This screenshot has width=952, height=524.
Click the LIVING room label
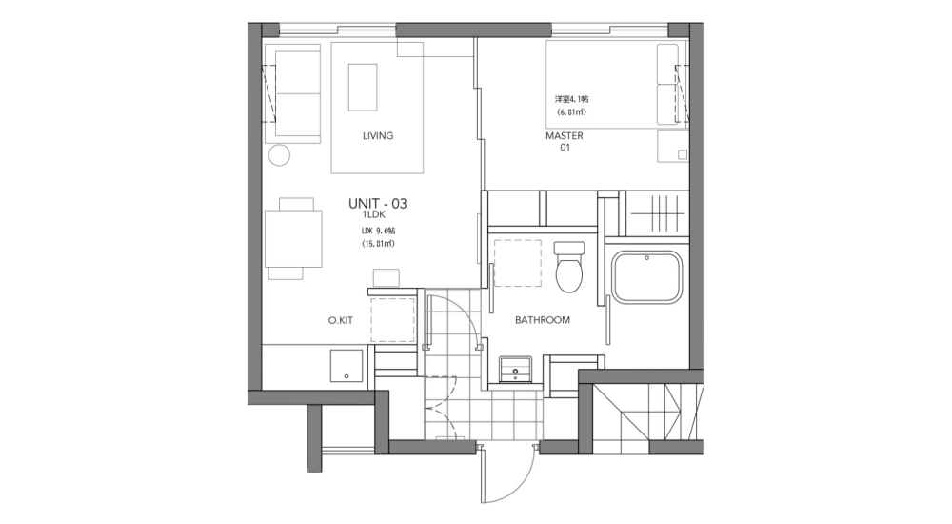pos(378,136)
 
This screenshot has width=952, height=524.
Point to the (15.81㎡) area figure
pos(378,244)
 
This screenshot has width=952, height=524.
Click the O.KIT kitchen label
pos(340,321)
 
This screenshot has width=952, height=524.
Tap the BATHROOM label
pos(543,320)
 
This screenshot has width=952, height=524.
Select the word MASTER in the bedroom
pos(564,136)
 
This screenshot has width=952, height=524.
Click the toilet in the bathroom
pos(569,267)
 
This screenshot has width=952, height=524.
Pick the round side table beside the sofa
pos(279,156)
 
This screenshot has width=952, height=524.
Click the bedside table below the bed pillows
pos(673,147)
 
